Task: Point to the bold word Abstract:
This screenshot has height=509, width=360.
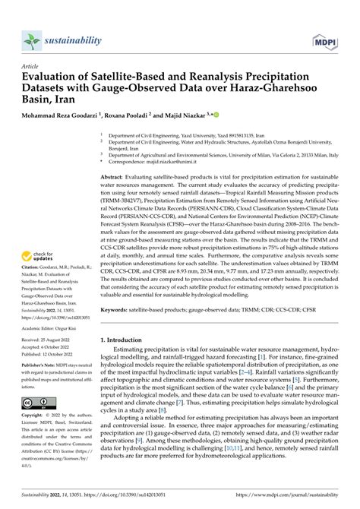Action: [115, 176]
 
